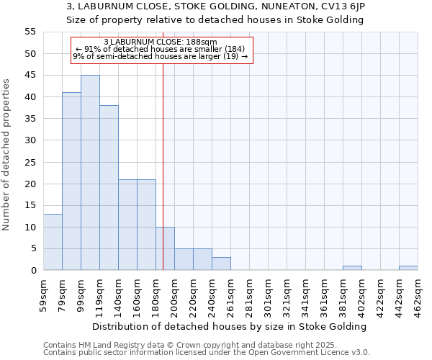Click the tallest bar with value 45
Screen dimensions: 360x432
tap(90, 173)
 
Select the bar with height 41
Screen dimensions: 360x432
tap(71, 181)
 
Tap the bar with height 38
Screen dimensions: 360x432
tap(109, 188)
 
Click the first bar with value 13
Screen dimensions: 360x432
tap(53, 242)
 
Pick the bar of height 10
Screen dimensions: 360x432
tap(165, 248)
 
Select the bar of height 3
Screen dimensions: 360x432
tap(221, 264)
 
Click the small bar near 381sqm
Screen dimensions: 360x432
tap(352, 268)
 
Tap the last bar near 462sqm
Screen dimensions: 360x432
tap(408, 268)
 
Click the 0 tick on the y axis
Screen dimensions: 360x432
tap(33, 270)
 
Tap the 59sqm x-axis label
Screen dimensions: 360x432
tap(43, 294)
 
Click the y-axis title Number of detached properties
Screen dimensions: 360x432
tap(7, 155)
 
